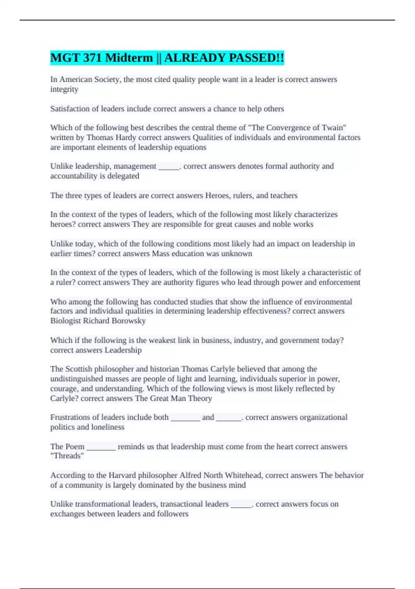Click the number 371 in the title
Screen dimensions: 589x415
click(92, 58)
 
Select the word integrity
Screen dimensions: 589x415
click(64, 89)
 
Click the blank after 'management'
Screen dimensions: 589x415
click(169, 167)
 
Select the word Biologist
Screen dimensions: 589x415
click(65, 321)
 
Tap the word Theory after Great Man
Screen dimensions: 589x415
click(200, 398)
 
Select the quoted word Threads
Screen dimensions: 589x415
click(67, 456)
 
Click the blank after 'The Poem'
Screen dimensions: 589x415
click(101, 447)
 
